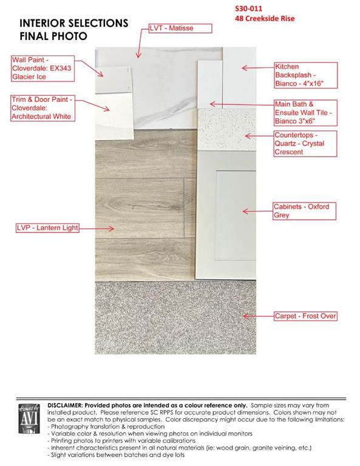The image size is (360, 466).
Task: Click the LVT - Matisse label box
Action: tap(180, 29)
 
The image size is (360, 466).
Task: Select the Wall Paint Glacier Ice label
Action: tap(43, 69)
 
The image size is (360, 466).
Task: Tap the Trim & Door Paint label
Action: tap(43, 108)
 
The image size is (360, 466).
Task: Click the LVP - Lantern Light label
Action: tap(47, 228)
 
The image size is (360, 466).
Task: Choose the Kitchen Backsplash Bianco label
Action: tap(306, 75)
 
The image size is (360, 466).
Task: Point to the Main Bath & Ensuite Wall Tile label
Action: tap(305, 113)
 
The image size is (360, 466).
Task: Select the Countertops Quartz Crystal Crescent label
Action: tap(305, 144)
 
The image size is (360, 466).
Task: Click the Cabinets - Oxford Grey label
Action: tap(304, 211)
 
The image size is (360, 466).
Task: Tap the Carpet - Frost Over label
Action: tap(305, 316)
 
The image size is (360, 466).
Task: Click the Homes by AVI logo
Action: tap(29, 419)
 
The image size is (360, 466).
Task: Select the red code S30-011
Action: tap(248, 8)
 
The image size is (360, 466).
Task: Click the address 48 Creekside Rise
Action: tap(265, 18)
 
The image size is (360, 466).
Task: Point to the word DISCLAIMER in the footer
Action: tap(64, 405)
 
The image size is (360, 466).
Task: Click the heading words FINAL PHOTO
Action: tap(53, 36)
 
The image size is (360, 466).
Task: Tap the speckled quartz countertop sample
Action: tap(226, 130)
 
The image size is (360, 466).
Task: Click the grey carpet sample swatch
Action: tap(175, 317)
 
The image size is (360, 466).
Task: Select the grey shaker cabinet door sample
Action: tap(226, 215)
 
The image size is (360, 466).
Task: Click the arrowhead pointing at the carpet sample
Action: tap(245, 316)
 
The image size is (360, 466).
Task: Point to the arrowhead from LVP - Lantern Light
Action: tap(111, 228)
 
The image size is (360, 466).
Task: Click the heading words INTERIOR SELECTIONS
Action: tap(74, 23)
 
